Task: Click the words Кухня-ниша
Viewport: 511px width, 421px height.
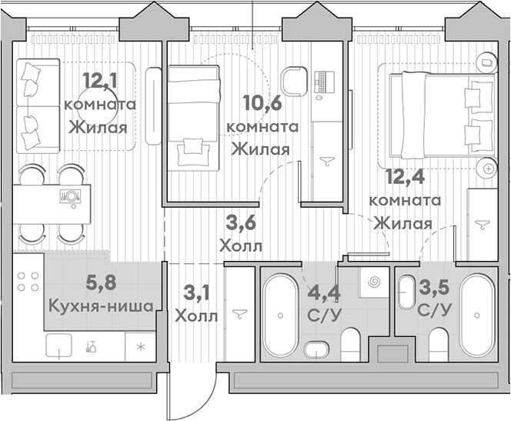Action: click(x=101, y=306)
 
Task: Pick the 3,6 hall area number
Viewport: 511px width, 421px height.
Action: click(x=242, y=223)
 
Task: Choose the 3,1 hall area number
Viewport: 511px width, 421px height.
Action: click(x=196, y=292)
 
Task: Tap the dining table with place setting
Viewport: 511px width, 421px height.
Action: click(x=52, y=204)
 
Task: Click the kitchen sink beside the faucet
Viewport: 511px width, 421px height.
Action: click(x=58, y=346)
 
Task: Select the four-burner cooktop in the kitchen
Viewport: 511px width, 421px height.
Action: click(x=28, y=282)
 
